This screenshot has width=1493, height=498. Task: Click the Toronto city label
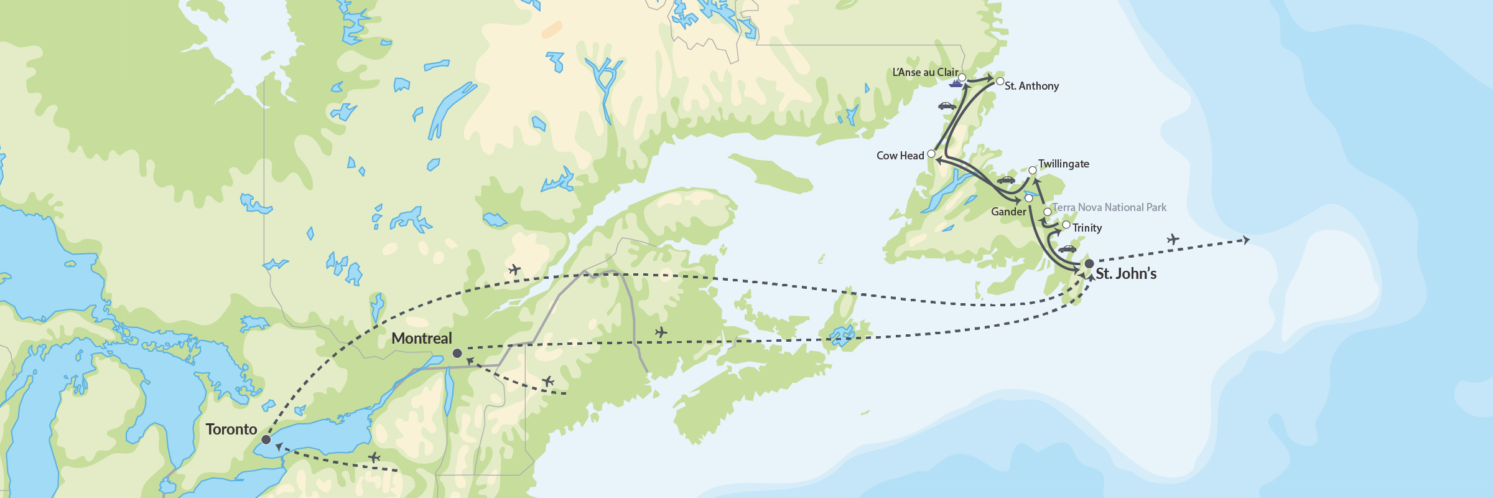tap(231, 430)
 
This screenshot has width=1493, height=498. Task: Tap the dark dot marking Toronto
tap(266, 439)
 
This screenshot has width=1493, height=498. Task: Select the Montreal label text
tap(422, 339)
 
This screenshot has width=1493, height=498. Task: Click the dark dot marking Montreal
tap(457, 354)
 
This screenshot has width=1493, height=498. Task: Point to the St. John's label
tap(1126, 274)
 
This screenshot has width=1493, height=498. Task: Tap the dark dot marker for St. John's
tap(1089, 264)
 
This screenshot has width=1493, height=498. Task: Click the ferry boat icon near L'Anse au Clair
tap(956, 83)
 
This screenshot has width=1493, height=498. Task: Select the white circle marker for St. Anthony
tap(1000, 82)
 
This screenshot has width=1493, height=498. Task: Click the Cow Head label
tap(900, 156)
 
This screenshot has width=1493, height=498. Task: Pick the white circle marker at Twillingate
tap(1033, 171)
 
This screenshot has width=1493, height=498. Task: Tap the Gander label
tap(1008, 212)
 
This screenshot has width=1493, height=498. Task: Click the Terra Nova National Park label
tap(1109, 207)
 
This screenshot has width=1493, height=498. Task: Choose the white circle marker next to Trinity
tap(1066, 225)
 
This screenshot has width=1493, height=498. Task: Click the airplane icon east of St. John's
tap(1173, 239)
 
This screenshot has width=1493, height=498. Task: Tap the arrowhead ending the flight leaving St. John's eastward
tap(1246, 240)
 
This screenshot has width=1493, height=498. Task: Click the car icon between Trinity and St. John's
tap(1067, 249)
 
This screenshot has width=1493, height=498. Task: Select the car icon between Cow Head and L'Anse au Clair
tap(947, 106)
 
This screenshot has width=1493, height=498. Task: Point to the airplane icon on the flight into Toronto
tap(374, 458)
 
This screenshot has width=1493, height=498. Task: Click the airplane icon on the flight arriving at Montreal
tap(548, 381)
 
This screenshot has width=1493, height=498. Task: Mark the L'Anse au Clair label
tap(925, 72)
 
